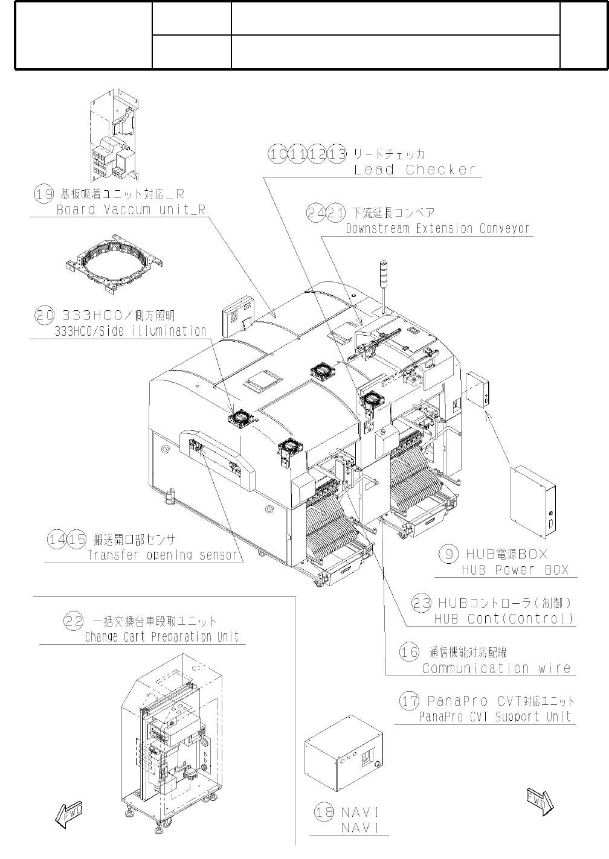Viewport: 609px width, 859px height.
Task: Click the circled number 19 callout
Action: point(42,194)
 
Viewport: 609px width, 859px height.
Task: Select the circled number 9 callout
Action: point(448,554)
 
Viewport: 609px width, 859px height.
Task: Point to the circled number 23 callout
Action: point(422,602)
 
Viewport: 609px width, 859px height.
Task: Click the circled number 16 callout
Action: point(409,652)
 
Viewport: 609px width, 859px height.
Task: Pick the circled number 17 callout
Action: point(410,701)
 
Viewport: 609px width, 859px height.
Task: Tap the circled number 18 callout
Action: point(324,812)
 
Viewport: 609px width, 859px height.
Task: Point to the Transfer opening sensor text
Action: point(163,555)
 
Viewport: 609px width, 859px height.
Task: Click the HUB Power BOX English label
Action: point(515,570)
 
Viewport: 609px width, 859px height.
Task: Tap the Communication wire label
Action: point(496,668)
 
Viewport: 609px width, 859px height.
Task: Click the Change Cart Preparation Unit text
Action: point(161,637)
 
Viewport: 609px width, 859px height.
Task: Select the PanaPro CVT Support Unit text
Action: point(495,717)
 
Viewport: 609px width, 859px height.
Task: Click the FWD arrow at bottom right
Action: point(540,802)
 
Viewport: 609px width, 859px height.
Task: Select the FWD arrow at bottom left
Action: point(68,814)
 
